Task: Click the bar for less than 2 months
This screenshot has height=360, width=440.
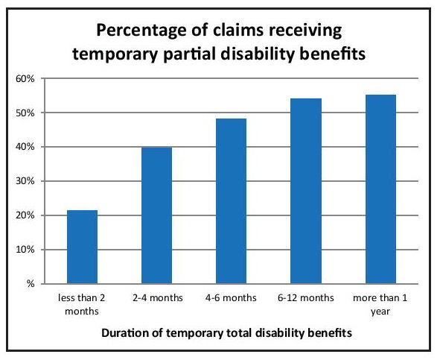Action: coord(82,247)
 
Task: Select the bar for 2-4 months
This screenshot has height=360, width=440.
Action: coord(156,215)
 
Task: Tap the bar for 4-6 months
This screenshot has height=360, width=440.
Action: coord(231,201)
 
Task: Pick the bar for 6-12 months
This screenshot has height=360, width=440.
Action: coord(306,191)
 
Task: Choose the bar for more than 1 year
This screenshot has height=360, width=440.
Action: coord(380,189)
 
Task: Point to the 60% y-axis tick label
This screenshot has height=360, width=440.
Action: coord(25,79)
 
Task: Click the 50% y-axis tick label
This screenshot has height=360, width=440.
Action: coord(25,113)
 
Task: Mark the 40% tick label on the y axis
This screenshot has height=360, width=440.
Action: coord(25,147)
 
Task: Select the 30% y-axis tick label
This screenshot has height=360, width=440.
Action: coord(25,181)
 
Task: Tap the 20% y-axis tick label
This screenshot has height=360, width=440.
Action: coord(25,215)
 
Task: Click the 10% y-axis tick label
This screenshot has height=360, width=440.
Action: coord(25,250)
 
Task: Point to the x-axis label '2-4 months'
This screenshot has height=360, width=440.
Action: coord(158,298)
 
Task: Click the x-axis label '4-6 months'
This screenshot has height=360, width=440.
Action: coord(231,298)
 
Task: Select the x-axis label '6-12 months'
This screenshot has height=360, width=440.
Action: coord(306,298)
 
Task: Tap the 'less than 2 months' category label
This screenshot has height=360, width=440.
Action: coord(82,305)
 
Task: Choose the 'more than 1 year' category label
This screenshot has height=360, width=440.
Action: coord(380,305)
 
